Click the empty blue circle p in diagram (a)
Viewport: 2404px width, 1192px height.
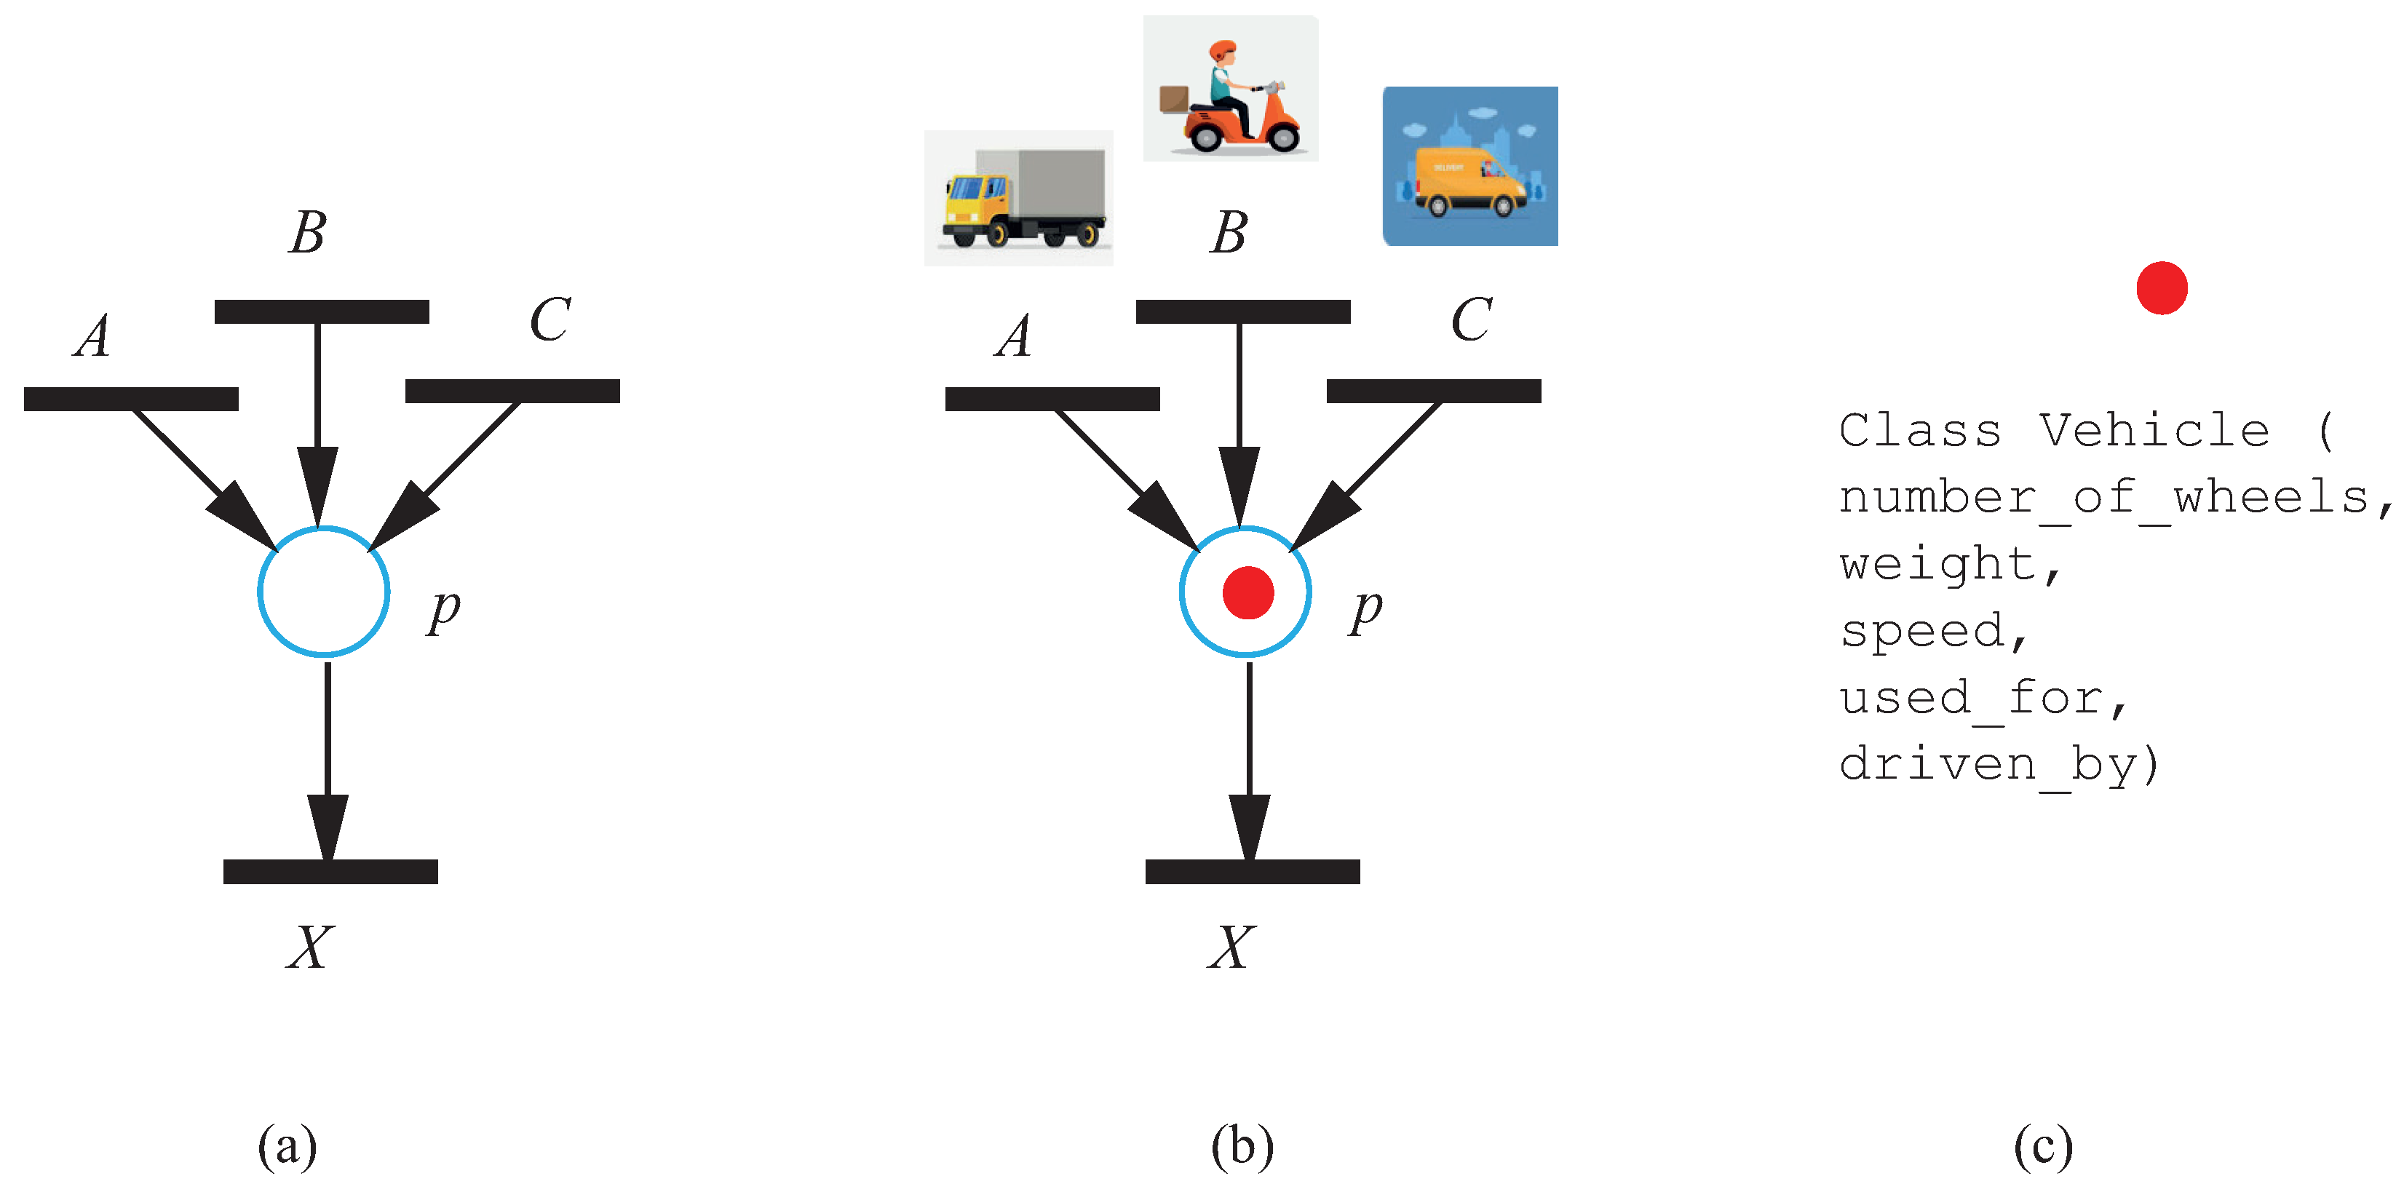tap(323, 592)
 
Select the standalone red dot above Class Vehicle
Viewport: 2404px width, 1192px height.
tap(2162, 288)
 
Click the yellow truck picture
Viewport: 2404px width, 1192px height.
tap(1018, 198)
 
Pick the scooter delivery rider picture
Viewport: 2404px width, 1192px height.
tap(1230, 89)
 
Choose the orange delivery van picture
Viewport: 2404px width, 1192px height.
tap(1469, 166)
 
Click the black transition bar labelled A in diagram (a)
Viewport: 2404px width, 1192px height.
tap(131, 399)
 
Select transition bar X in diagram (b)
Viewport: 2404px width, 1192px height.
tap(1253, 871)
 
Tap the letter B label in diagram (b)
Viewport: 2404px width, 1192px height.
tap(1229, 232)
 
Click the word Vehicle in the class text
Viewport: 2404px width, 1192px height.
tap(2153, 430)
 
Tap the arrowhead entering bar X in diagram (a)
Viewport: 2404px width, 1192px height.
tap(328, 826)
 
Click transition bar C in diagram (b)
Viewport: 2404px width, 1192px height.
tap(1433, 391)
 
